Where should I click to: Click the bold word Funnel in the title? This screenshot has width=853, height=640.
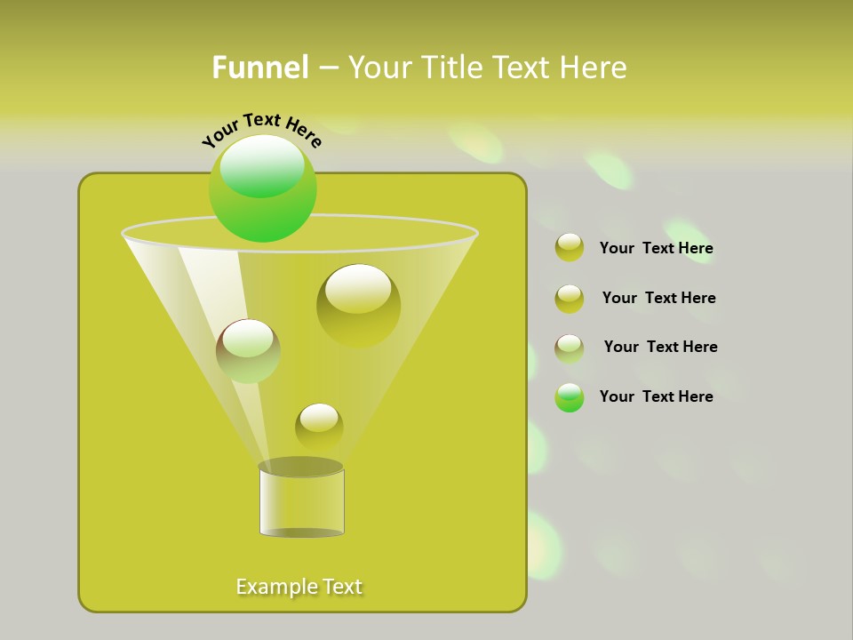click(x=259, y=68)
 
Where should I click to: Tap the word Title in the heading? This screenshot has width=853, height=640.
click(x=450, y=68)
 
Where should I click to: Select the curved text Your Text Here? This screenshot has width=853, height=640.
click(x=261, y=130)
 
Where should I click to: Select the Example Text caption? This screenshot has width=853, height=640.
click(x=299, y=587)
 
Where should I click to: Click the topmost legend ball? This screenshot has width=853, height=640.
click(x=570, y=247)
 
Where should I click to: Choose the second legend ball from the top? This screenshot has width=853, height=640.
click(x=570, y=299)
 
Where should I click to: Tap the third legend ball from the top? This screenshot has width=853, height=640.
click(x=570, y=348)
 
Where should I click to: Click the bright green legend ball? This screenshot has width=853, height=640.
click(x=570, y=397)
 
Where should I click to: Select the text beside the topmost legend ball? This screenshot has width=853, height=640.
click(x=656, y=249)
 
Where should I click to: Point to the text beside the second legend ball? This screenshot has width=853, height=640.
click(x=658, y=299)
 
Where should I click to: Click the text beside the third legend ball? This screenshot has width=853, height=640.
click(x=660, y=348)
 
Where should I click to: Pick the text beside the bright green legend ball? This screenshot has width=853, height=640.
click(x=656, y=397)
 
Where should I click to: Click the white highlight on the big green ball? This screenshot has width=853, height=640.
click(x=261, y=165)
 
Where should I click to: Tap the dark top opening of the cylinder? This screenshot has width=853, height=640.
click(x=300, y=467)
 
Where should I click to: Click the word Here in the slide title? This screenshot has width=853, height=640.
click(x=594, y=68)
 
